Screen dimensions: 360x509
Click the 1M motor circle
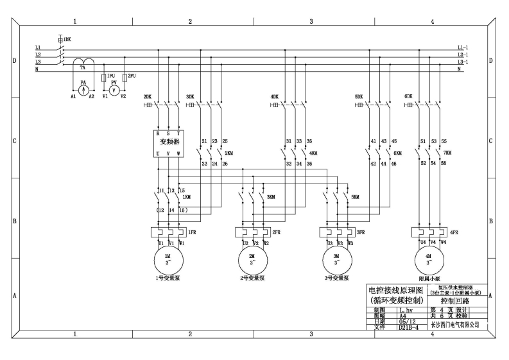pos(168,260)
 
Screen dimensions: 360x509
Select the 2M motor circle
pos(251,260)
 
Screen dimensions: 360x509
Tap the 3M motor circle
pos(338,260)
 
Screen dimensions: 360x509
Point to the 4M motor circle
pos(429,260)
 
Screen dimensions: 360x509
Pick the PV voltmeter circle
pos(114,90)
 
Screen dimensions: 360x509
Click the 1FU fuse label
pos(112,75)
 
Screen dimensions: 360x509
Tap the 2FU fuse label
pos(132,75)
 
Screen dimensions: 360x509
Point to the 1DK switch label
pos(67,40)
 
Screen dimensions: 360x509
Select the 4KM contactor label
pos(313,153)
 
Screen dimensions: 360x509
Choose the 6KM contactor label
pos(397,153)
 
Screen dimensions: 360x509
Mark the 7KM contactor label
pos(447,153)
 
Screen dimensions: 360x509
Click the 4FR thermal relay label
pos(454,232)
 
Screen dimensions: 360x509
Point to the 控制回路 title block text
pos(455,300)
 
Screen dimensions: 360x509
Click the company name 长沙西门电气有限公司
pos(454,325)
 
